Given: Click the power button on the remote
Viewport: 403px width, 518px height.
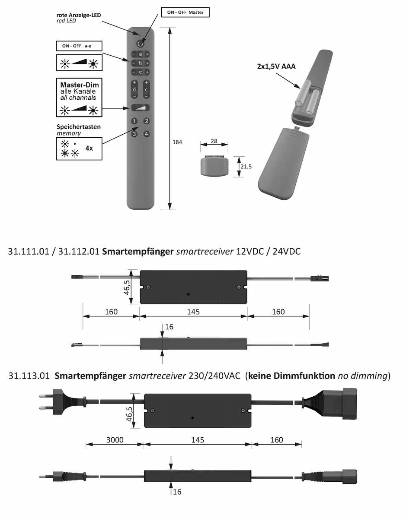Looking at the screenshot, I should (140, 44).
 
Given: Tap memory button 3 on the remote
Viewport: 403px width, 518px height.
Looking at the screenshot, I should (134, 134).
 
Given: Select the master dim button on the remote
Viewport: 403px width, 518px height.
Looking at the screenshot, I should (140, 108).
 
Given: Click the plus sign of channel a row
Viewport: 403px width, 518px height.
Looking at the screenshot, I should (147, 54).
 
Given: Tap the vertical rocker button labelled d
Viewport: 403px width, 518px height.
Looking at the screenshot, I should (134, 89).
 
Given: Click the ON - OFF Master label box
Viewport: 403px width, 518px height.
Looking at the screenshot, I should (185, 13).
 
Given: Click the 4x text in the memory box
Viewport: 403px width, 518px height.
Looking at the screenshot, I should (89, 148).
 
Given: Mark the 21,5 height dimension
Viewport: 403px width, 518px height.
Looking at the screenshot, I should (247, 167).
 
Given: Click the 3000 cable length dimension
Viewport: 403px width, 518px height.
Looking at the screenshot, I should (115, 440).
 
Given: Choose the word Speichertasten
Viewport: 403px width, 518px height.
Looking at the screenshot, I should (79, 127).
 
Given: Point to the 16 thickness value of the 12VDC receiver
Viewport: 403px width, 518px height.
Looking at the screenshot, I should (169, 327).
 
